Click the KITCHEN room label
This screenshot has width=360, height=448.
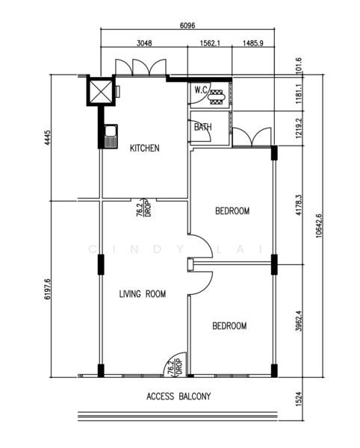coord(144,149)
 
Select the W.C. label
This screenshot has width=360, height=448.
coord(200,90)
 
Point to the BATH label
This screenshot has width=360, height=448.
coord(202,128)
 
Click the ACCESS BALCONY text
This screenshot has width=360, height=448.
coord(179,397)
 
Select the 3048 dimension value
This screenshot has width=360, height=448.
coord(143,43)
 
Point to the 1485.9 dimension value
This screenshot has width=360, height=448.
coord(252,43)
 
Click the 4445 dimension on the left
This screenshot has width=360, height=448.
coord(46,137)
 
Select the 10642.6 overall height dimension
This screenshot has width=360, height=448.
coord(320,225)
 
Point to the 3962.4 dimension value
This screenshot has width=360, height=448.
coord(299,318)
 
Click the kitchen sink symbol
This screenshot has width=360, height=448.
coord(111,137)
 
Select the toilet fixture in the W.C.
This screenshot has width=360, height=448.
coord(217,95)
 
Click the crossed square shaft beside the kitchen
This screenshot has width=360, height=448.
coord(100,92)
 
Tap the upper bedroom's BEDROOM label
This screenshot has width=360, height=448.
coord(232,211)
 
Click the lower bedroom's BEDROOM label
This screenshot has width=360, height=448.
coord(229,326)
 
